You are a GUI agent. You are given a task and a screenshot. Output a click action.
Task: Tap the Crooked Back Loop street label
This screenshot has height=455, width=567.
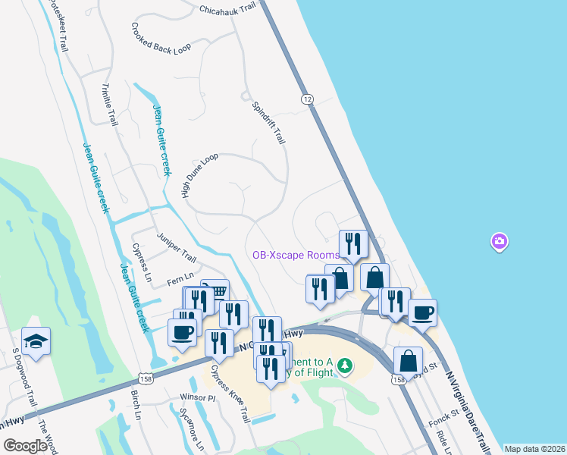click(x=160, y=39)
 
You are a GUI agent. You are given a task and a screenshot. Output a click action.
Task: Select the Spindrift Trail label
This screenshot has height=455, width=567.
click(x=268, y=123)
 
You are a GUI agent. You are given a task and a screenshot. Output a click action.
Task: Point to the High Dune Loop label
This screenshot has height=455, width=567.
click(x=199, y=175)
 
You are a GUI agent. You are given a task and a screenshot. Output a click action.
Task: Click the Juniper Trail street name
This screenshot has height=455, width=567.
click(x=176, y=247)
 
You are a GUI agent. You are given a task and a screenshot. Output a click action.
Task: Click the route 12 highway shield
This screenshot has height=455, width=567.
click(x=306, y=99)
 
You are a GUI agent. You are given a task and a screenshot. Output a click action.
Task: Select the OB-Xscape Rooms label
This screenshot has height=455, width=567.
click(x=296, y=256)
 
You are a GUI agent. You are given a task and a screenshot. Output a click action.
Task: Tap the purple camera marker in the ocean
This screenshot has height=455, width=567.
click(x=499, y=242)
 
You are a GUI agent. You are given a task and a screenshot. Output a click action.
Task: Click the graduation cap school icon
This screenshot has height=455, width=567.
click(x=36, y=341)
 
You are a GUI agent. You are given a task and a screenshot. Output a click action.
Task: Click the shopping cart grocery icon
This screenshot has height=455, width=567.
click(x=217, y=291)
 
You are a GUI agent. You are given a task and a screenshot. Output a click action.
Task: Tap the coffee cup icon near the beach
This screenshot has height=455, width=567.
click(x=423, y=312)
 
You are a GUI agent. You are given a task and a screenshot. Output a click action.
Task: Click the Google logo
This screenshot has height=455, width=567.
click(x=25, y=446)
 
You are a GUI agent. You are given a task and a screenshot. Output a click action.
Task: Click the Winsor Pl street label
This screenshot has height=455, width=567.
click(x=199, y=397)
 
